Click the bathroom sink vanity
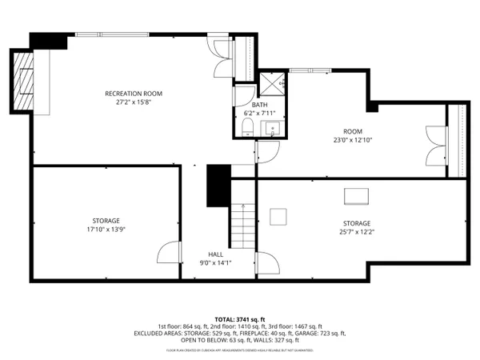click(274, 130)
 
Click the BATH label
click(259, 105)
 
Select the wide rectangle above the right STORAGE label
click(357, 197)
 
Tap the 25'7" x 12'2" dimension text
click(357, 232)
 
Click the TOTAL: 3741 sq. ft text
click(240, 319)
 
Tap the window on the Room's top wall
click(302, 71)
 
